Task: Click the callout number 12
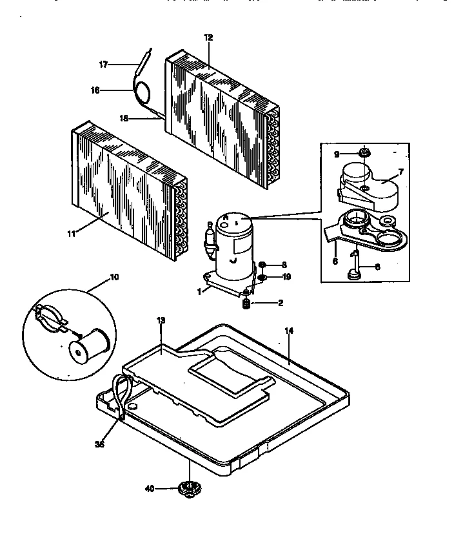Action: (208, 38)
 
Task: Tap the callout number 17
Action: (103, 64)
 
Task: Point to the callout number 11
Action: (71, 233)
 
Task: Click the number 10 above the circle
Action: (114, 277)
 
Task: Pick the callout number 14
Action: (289, 330)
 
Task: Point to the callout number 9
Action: (336, 154)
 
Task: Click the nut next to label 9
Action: (364, 153)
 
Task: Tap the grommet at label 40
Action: (188, 489)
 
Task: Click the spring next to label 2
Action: (246, 302)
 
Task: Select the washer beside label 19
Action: (263, 278)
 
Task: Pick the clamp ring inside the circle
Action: (50, 316)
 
